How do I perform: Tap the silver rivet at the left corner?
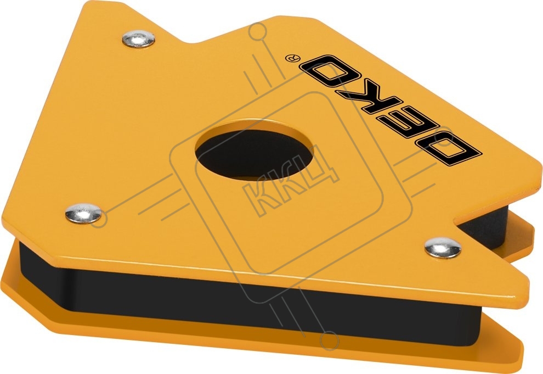pos(83,213)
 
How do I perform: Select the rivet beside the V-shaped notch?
pos(443,248)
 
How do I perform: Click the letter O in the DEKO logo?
pos(329,71)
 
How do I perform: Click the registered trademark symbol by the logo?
pos(289,57)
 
